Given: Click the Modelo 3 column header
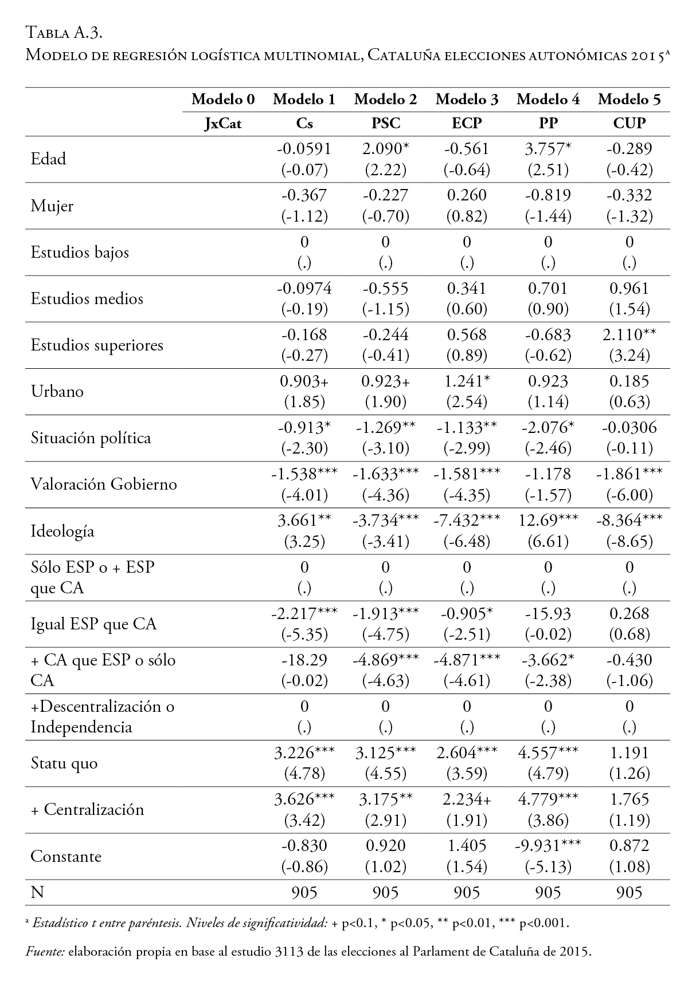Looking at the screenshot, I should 467,100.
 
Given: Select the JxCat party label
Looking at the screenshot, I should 223,123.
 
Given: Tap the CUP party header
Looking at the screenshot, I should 629,123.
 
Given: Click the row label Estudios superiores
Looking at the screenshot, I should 97,345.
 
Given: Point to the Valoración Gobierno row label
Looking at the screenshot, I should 104,484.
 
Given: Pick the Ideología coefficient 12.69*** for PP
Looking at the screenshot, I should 548,521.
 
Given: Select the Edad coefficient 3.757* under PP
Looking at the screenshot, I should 548,149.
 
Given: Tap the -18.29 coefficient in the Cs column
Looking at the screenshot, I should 304,660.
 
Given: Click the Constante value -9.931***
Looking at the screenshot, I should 548,846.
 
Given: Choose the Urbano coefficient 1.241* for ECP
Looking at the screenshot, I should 467,381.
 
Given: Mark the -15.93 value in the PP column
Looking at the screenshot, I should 548,613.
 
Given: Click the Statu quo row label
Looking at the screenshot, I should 64,763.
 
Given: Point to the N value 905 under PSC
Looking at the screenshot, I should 385,892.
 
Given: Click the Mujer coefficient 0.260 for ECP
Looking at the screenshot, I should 467,195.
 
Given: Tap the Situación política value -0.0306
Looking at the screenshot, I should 629,428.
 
